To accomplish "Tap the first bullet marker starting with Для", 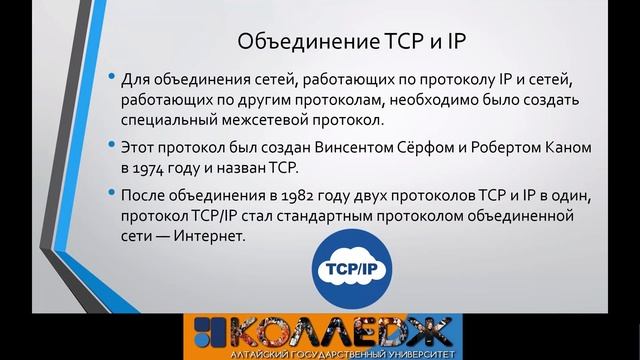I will click(107, 79).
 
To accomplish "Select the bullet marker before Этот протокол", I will click(107, 146).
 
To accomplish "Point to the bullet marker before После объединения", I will click(107, 191).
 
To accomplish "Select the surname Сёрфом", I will click(431, 146).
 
